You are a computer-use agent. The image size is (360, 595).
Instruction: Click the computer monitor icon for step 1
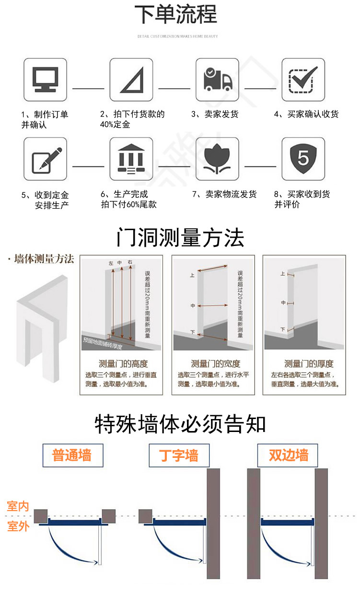click(46, 80)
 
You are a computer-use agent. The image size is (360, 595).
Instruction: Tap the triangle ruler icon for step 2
click(131, 80)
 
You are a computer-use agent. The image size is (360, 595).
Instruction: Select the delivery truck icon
click(217, 80)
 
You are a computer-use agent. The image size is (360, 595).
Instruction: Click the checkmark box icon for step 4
click(303, 80)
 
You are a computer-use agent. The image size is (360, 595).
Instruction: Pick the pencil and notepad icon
click(46, 159)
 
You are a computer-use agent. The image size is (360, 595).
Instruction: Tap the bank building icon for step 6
click(131, 159)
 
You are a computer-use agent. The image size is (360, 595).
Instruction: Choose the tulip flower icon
click(217, 159)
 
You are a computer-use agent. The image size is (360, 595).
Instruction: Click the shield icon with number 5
click(303, 159)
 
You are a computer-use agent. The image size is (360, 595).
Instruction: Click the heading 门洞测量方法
click(180, 237)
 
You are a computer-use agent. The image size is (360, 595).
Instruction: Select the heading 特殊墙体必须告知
click(180, 424)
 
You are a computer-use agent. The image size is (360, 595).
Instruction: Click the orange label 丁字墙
click(179, 455)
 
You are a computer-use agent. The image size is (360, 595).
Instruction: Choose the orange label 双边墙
click(288, 455)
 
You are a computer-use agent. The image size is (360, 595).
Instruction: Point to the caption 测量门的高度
click(123, 364)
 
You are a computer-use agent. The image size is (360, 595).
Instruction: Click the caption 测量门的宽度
click(215, 364)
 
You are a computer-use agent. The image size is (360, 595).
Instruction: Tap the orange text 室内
click(18, 506)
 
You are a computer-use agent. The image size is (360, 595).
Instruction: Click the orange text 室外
click(18, 526)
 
